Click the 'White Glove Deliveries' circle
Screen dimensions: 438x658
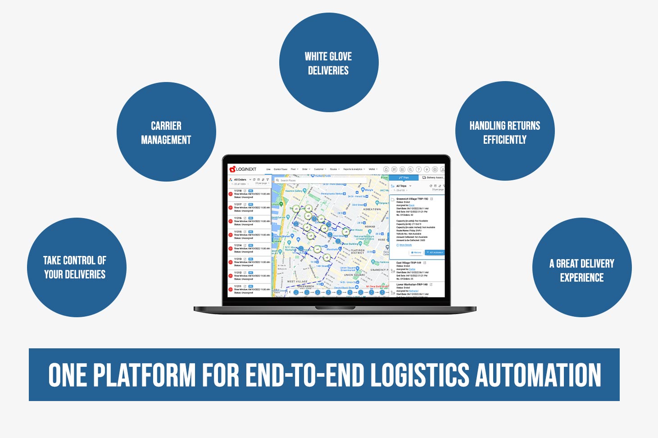coord(328,63)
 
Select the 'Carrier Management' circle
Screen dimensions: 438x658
coord(166,132)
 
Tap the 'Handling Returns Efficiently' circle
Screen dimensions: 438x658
coord(504,132)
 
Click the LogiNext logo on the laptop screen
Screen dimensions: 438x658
coord(243,169)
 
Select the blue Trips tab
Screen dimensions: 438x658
coord(404,178)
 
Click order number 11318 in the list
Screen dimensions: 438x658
coord(238,191)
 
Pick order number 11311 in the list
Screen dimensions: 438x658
coord(238,286)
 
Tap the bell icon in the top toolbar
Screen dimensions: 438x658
coord(386,169)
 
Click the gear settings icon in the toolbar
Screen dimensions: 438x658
coord(435,169)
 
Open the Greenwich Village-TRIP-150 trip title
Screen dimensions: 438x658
coord(412,199)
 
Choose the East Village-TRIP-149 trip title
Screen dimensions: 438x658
coord(408,263)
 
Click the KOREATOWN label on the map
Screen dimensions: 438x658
coord(372,209)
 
